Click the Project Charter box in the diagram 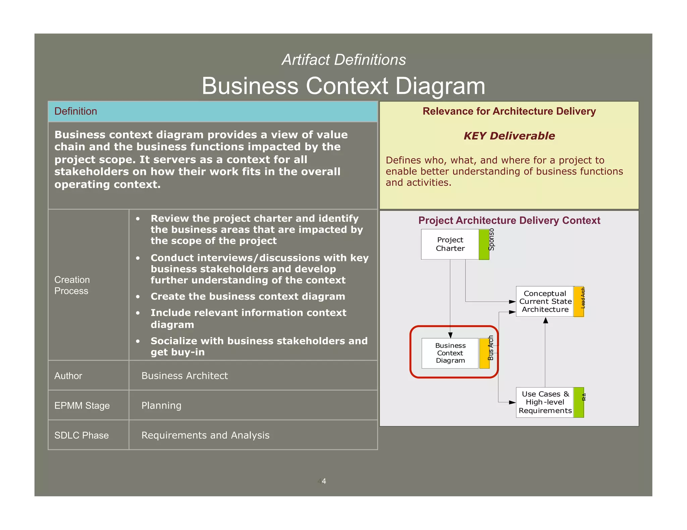point(450,244)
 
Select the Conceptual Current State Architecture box point(545,302)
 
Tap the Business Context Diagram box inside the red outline point(450,353)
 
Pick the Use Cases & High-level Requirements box point(545,402)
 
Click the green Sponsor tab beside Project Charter point(484,244)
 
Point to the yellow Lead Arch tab point(579,302)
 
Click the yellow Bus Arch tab point(484,353)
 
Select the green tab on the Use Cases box point(579,402)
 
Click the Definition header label point(76,111)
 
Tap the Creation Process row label point(72,285)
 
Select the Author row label point(68,376)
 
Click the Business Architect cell point(184,376)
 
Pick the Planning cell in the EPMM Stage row point(161,406)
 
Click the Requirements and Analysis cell point(205,435)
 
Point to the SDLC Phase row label point(82,435)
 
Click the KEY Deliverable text point(509,136)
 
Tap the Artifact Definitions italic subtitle point(344,60)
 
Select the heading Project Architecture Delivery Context point(509,220)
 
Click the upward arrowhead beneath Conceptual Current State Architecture point(545,321)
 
